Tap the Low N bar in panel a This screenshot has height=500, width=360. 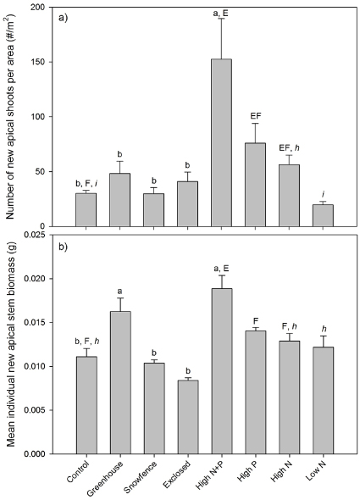pyautogui.click(x=323, y=215)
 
